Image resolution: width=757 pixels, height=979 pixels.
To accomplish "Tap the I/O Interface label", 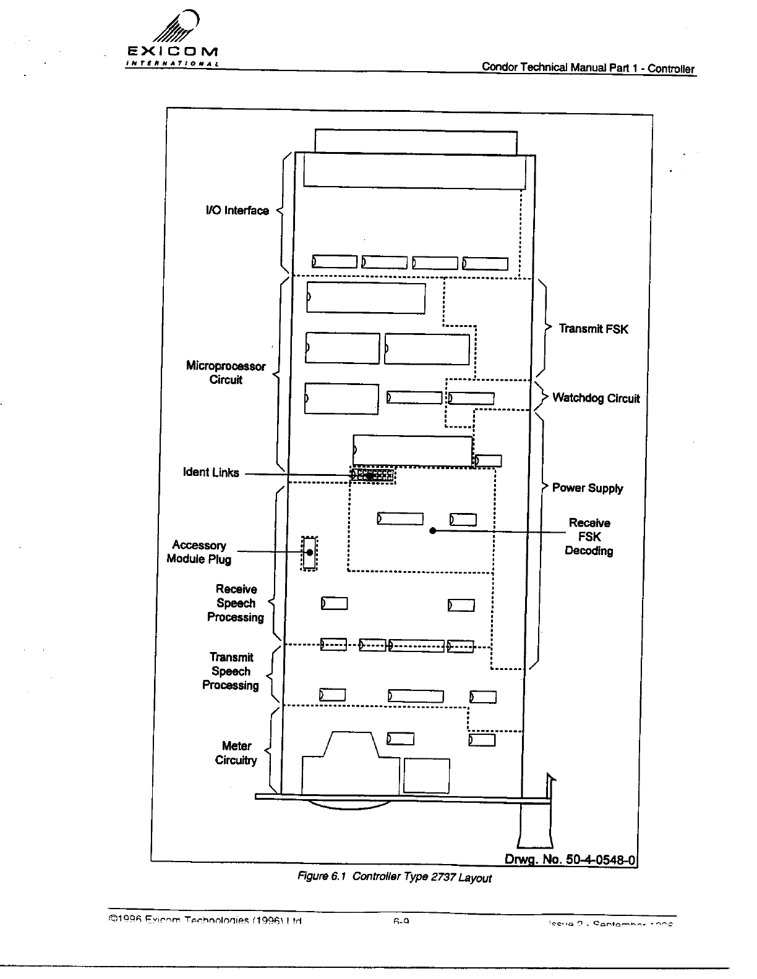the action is [237, 211].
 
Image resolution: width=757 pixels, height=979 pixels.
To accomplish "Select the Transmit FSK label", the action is [593, 329].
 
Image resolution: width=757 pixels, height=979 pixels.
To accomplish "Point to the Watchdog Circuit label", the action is [596, 398].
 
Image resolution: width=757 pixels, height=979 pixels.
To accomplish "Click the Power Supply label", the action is [587, 488].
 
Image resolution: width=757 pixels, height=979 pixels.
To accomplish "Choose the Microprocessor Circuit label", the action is [226, 373].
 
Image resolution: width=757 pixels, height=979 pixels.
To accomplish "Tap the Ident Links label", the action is [211, 473].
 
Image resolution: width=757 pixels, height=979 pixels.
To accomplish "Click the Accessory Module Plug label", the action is [199, 552].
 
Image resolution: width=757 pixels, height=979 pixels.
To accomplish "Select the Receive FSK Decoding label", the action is [589, 537].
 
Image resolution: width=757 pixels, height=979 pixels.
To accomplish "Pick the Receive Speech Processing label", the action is [236, 603].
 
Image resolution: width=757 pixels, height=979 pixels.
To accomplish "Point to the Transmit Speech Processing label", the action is [231, 671].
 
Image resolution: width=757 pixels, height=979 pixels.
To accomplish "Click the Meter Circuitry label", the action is [236, 753].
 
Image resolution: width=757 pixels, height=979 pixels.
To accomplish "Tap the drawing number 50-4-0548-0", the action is [570, 860].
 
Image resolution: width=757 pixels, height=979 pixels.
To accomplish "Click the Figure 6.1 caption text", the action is [394, 877].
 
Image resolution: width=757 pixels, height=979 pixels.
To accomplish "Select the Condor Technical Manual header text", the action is [588, 68].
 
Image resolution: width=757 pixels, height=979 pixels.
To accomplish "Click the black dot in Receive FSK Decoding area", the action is [433, 531].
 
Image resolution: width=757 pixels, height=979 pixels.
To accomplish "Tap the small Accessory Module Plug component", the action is [309, 553].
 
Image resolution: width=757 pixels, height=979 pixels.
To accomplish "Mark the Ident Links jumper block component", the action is [372, 475].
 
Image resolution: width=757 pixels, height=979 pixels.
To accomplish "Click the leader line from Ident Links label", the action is [297, 475].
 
